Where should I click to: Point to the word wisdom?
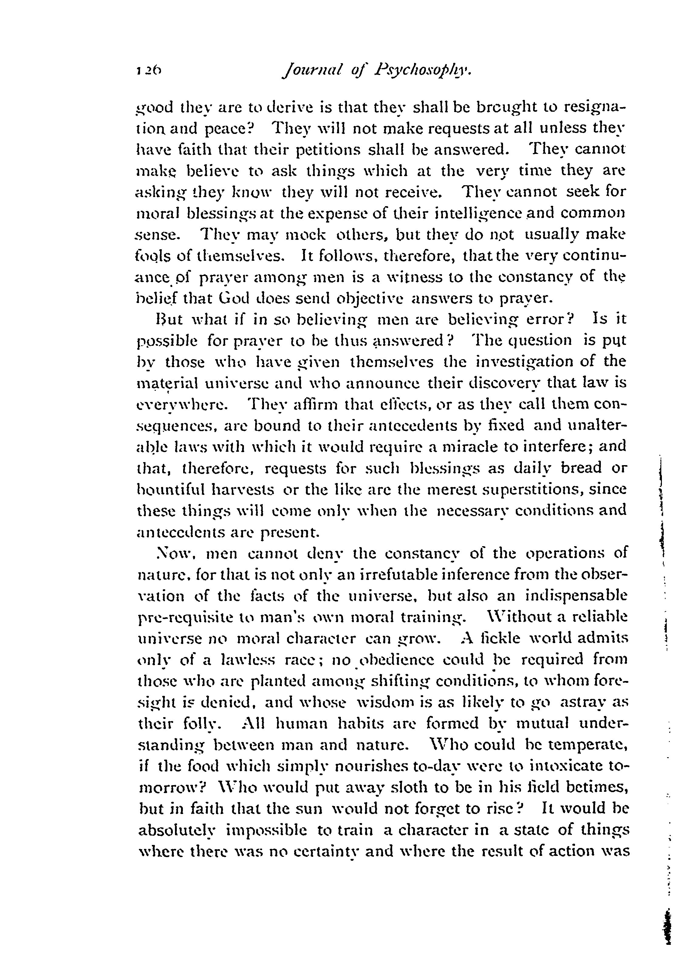381,702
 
